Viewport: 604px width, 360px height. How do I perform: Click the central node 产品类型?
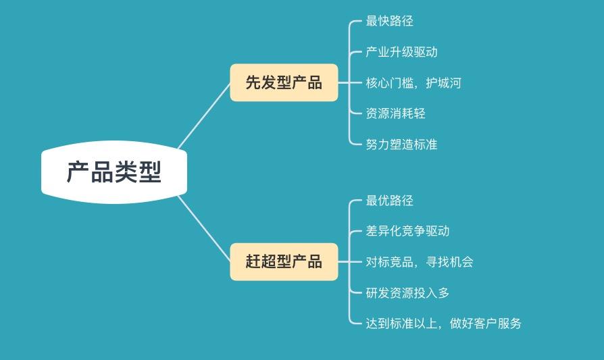(114, 172)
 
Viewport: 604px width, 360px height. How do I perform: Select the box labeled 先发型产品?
(284, 82)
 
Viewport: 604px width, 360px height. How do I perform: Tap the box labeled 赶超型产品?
(284, 261)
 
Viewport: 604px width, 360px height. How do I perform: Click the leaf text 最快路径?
(389, 21)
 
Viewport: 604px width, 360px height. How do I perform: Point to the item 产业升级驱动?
(401, 52)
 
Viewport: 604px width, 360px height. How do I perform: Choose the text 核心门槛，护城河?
(413, 83)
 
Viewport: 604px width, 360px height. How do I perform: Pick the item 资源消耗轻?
(395, 113)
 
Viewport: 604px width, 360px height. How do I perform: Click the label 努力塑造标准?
(401, 145)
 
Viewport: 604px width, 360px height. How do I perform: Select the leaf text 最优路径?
(389, 201)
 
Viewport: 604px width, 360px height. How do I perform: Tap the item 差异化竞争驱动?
(407, 231)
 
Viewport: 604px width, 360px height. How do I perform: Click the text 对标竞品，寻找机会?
(419, 262)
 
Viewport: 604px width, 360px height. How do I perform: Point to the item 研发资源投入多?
(407, 293)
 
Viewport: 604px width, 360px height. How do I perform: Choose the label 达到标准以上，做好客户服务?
(443, 324)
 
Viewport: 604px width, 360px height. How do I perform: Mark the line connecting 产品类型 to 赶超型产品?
(205, 228)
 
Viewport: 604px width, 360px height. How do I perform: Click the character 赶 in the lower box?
(253, 261)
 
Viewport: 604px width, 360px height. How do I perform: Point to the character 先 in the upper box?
(253, 82)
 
